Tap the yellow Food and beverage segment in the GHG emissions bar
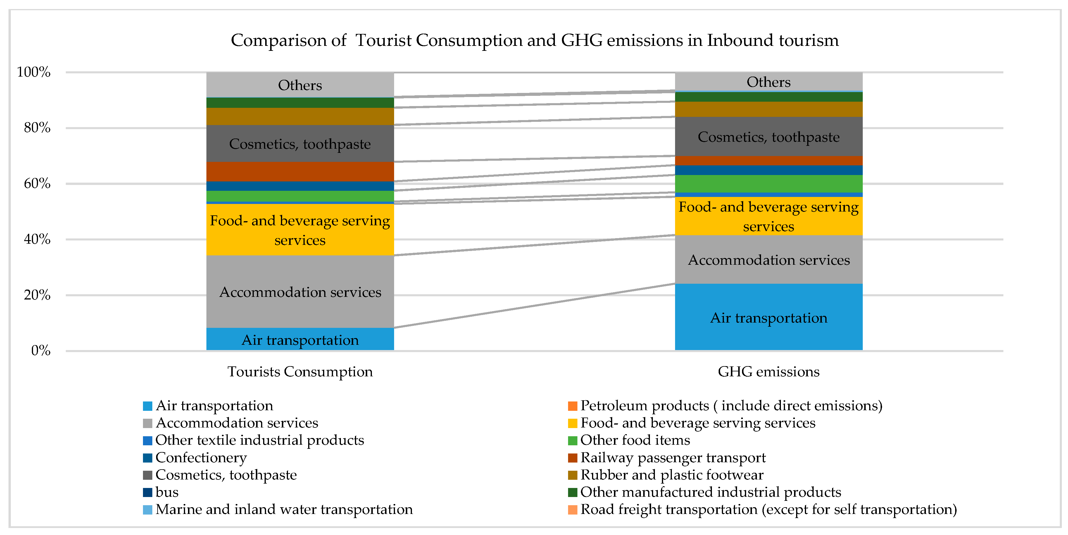click(768, 216)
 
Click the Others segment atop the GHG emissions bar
click(768, 82)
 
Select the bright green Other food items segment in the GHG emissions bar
click(768, 183)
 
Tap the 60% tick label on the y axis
click(37, 183)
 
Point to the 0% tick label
click(41, 351)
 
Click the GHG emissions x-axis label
click(768, 371)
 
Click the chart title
click(534, 40)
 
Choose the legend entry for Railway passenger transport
click(672, 458)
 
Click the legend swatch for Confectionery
click(148, 458)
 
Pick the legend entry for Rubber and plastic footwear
click(672, 475)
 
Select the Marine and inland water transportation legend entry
click(284, 509)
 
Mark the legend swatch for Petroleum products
click(572, 406)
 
